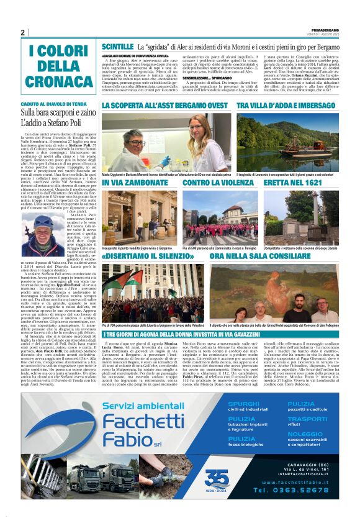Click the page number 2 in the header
pyautogui.click(x=22, y=32)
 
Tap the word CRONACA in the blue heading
pyautogui.click(x=61, y=82)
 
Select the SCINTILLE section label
pyautogui.click(x=117, y=47)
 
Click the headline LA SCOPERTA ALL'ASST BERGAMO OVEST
pyautogui.click(x=165, y=107)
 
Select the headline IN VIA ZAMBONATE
pyautogui.click(x=135, y=183)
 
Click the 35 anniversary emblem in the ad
pyautogui.click(x=217, y=477)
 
